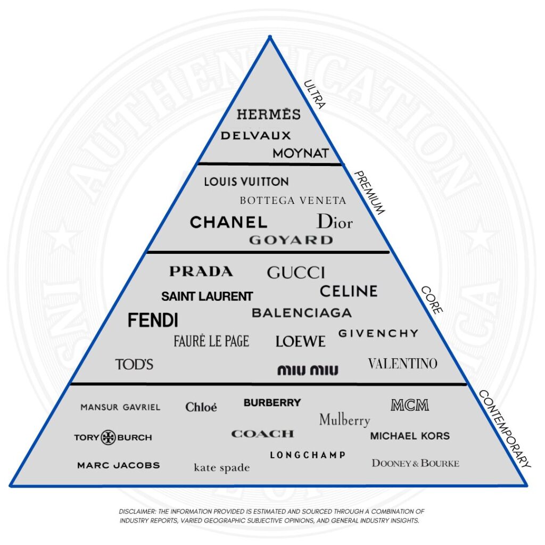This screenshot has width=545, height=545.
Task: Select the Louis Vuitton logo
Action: [246, 181]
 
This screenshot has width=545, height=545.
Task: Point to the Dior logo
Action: [334, 221]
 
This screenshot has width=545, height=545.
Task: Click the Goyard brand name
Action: [291, 240]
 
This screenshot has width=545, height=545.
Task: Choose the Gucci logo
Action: [296, 272]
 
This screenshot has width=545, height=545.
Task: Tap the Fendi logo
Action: [153, 320]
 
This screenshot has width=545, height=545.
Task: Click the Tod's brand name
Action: [134, 365]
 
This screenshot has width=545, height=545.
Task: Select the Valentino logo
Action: [402, 364]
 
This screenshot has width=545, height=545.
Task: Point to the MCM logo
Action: [409, 405]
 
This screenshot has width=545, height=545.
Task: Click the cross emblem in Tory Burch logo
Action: [109, 437]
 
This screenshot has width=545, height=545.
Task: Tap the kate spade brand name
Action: [221, 468]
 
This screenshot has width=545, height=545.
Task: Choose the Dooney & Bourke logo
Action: [415, 463]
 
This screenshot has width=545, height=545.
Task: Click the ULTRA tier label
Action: [313, 94]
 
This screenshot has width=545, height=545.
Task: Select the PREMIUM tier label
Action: [368, 192]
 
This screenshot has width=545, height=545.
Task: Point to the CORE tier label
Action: [432, 300]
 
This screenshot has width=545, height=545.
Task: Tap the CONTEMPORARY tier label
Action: [504, 428]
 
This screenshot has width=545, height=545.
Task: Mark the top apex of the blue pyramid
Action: [270, 37]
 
